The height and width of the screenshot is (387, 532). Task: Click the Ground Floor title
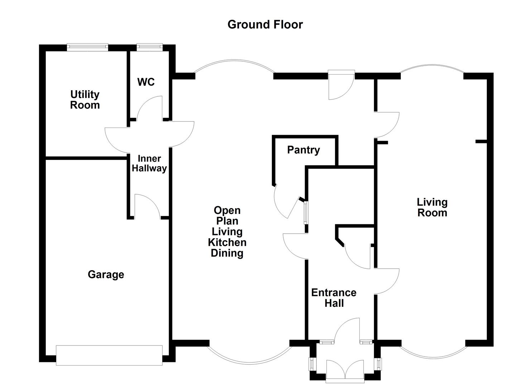pos(265,24)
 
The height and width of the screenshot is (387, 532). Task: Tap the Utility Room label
pos(85,100)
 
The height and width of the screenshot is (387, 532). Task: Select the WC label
pos(146,82)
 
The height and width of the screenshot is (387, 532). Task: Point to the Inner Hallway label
pos(149,163)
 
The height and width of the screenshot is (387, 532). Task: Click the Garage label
pos(106,274)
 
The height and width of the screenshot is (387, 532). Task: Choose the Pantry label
pos(303,150)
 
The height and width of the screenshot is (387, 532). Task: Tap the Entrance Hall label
pos(334,298)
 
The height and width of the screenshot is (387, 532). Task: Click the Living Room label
pos(432,207)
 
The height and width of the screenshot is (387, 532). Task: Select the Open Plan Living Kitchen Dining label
pos(227,231)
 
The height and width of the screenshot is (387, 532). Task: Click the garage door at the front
pos(109,355)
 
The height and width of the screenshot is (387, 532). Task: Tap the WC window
pos(149,46)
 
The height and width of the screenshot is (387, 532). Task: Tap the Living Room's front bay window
pos(432,355)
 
